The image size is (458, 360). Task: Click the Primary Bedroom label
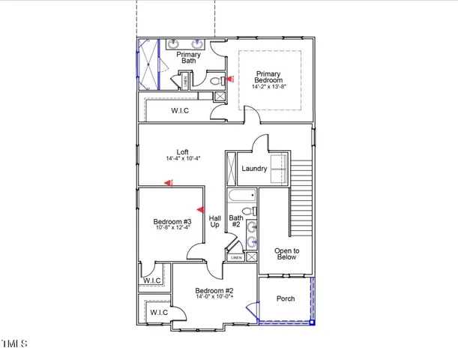click(268, 76)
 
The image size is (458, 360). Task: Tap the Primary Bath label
click(187, 58)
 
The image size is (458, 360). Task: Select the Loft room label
click(182, 151)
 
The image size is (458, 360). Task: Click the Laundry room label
click(254, 169)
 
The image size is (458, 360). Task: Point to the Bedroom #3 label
click(172, 222)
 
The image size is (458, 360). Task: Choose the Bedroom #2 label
click(214, 291)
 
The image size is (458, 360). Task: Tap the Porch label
click(286, 298)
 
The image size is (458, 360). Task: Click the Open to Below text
click(286, 253)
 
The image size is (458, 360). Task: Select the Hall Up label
click(214, 221)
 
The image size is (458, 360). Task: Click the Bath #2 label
click(235, 221)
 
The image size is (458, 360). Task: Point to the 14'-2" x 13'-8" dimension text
click(268, 87)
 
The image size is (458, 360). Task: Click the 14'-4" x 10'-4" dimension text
click(182, 159)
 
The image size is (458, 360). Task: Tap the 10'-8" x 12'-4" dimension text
click(172, 228)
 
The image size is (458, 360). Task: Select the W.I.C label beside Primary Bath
click(180, 111)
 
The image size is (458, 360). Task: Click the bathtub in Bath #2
click(243, 199)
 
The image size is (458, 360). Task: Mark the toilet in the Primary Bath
click(213, 79)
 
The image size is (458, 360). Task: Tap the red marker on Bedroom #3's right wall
click(200, 210)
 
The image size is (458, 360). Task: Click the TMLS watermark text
click(13, 344)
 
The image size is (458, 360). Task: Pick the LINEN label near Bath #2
click(236, 257)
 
